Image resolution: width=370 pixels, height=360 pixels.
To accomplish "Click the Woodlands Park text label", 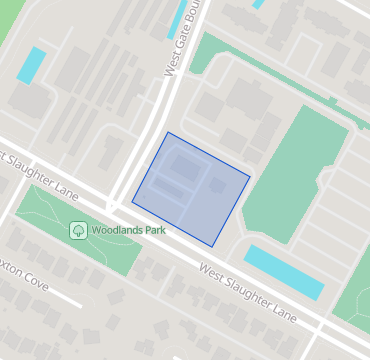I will [x=127, y=230].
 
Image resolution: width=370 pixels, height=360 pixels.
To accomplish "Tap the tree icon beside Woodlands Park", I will [x=78, y=230].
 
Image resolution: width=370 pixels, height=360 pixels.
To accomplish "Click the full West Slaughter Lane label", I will [x=248, y=293].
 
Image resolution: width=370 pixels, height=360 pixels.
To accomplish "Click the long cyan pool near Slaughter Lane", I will [x=285, y=272].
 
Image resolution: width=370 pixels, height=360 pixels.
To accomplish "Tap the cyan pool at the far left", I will [x=31, y=65].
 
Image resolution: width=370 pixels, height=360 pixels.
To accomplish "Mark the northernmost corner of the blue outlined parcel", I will [x=168, y=132].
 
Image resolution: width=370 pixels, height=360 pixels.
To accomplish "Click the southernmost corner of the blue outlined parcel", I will [x=212, y=247].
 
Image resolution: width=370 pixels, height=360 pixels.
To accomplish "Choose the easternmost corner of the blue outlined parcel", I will [x=250, y=178].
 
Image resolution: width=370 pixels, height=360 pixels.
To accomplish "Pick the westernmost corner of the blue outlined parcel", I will [x=132, y=202].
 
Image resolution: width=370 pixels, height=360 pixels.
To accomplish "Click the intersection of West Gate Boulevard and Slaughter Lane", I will [x=118, y=200].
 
